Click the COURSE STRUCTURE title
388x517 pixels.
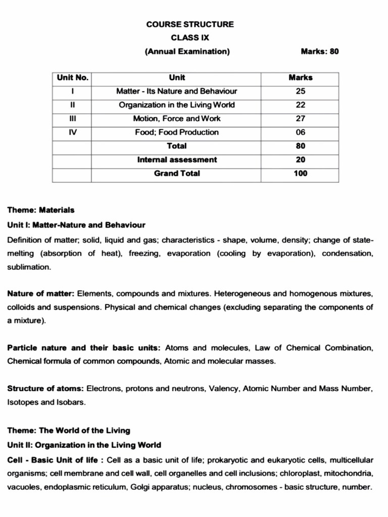click(190, 24)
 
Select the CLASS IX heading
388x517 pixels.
click(190, 37)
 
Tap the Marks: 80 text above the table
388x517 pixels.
click(319, 51)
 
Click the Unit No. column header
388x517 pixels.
click(73, 78)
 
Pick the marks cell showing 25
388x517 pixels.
click(301, 91)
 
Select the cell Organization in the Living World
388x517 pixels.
click(177, 105)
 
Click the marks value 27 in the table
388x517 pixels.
click(301, 119)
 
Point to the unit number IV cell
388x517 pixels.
click(73, 132)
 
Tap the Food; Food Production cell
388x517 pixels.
click(177, 132)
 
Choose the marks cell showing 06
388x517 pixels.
click(301, 132)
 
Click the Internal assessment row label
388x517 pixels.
click(177, 160)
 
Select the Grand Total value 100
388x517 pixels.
click(301, 173)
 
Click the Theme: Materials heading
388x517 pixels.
click(41, 210)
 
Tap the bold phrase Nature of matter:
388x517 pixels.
click(41, 293)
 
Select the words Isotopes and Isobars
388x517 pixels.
click(47, 402)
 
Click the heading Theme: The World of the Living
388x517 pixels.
click(69, 431)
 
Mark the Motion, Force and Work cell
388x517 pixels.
click(177, 119)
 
